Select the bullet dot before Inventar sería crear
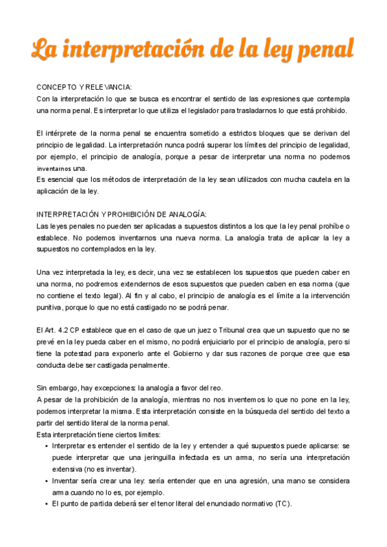pos(45,481)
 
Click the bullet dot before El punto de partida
pos(45,504)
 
